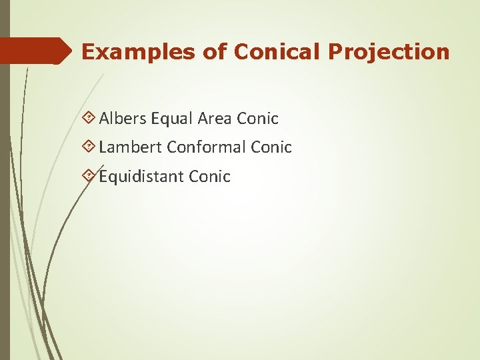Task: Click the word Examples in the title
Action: [x=127, y=52]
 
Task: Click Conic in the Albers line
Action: [x=258, y=119]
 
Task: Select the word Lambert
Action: [x=131, y=147]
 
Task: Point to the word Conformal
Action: [x=206, y=147]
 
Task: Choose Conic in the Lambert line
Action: [x=272, y=147]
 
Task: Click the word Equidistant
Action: [x=141, y=176]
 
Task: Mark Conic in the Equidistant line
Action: [x=209, y=176]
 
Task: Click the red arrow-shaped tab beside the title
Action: [x=36, y=51]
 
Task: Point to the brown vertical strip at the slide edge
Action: [x=5, y=200]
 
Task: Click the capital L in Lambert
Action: [x=103, y=147]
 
